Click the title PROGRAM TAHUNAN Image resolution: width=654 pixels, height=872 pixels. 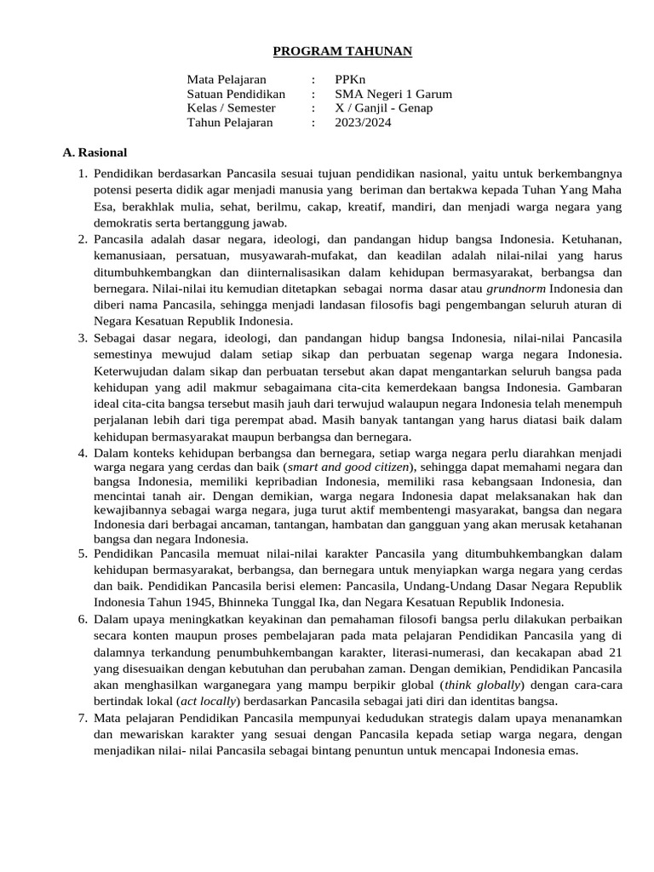pos(341,52)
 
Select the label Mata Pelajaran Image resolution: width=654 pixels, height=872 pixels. pos(227,80)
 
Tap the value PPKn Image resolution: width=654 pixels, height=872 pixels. pos(350,80)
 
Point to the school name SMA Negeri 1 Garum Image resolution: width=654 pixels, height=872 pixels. pos(393,94)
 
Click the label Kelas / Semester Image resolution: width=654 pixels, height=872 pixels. pos(232,108)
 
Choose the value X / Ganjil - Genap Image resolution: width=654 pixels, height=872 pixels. pos(383,108)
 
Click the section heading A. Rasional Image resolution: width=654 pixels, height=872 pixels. pos(95,152)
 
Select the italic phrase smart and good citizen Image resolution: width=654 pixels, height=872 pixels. pos(349,468)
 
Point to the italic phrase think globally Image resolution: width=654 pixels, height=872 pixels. pos(480,685)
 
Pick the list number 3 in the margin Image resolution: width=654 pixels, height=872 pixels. pos(83,338)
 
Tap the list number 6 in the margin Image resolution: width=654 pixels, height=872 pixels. pos(83,619)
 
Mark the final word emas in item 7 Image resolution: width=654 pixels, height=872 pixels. pos(564,750)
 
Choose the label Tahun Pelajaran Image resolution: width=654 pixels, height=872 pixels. pos(230,123)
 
